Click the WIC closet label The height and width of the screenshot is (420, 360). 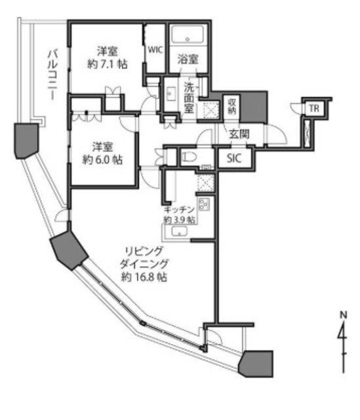tap(155, 50)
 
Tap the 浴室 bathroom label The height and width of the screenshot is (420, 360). tap(188, 59)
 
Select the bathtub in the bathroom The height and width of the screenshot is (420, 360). tap(188, 35)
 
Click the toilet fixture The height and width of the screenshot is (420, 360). tap(190, 157)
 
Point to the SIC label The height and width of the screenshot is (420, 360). tap(234, 158)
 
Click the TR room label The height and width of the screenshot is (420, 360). tap(314, 108)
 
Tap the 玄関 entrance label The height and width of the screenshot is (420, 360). tap(239, 134)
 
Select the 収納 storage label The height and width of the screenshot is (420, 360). tap(231, 106)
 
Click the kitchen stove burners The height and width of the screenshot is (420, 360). tap(204, 204)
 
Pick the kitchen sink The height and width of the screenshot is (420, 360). tap(179, 231)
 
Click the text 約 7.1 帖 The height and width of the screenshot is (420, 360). tap(108, 64)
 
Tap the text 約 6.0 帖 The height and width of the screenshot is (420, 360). tap(102, 160)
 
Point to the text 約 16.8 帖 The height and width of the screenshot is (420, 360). tap(144, 277)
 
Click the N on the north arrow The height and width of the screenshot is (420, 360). tap(343, 314)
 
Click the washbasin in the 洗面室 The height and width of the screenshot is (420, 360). tap(170, 93)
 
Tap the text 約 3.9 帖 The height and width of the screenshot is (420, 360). tap(179, 220)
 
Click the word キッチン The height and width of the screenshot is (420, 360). tap(179, 210)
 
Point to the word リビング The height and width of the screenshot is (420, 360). tap(144, 251)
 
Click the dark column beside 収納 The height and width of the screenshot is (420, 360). tap(254, 106)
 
